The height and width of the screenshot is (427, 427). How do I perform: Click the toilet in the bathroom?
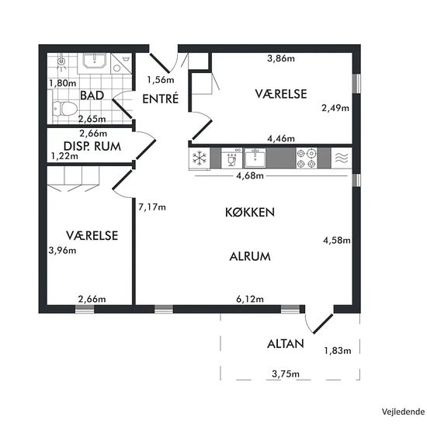(x=64, y=109)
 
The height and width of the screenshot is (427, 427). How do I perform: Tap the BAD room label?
(x=92, y=95)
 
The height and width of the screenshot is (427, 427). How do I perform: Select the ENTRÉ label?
(x=161, y=99)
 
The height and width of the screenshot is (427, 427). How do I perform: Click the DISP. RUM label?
(x=92, y=146)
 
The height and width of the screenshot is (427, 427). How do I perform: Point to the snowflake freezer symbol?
(x=200, y=158)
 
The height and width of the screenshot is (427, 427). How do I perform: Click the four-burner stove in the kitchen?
(x=307, y=158)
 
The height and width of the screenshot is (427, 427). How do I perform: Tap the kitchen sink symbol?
(x=255, y=158)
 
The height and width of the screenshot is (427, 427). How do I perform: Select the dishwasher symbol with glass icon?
(x=231, y=158)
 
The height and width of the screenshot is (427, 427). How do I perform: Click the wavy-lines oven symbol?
(x=342, y=158)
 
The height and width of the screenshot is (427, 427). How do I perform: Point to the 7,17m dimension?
(x=152, y=207)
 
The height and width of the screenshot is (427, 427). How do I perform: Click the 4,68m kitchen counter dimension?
(x=250, y=175)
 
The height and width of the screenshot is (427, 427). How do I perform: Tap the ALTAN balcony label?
(x=286, y=344)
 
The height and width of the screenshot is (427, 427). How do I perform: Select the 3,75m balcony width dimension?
(x=286, y=374)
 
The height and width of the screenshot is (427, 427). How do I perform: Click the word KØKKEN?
(x=250, y=213)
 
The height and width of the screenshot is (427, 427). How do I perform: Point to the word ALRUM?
(x=250, y=256)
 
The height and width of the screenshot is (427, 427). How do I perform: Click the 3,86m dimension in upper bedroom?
(x=281, y=58)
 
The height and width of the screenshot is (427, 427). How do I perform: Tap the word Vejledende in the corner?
(x=403, y=411)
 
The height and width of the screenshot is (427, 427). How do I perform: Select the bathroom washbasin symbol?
(x=94, y=61)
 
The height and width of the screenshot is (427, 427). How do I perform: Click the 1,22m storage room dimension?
(x=64, y=156)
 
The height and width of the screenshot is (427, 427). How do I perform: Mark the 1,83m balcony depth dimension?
(x=338, y=350)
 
